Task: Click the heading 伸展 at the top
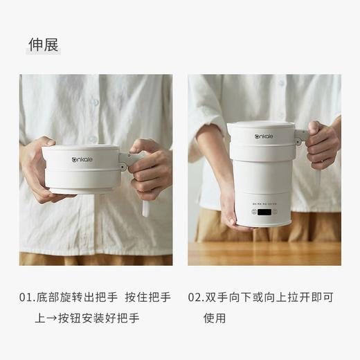pos(43,44)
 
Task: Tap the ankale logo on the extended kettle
pos(263,136)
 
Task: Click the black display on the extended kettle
pos(263,212)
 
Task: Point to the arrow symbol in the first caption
pos(54,318)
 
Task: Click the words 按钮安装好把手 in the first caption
pos(100,318)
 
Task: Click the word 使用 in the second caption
pos(214,318)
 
